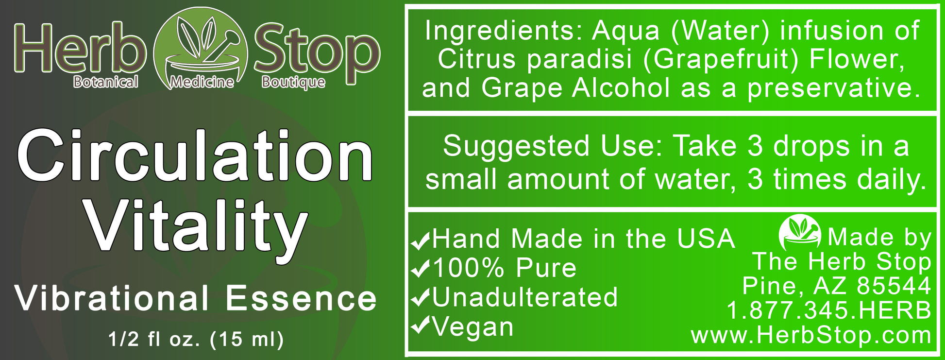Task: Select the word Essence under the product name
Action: coord(301,298)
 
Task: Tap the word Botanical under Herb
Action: coord(105,82)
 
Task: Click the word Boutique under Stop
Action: coord(293,82)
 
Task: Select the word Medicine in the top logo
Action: coord(201,82)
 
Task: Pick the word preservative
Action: coord(833,88)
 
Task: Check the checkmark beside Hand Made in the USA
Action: coord(420,240)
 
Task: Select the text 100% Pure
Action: coord(504,268)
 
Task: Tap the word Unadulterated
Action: coord(524,297)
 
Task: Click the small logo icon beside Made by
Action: coord(799,233)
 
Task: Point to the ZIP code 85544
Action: coord(894,286)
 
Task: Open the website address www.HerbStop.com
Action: coord(810,335)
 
